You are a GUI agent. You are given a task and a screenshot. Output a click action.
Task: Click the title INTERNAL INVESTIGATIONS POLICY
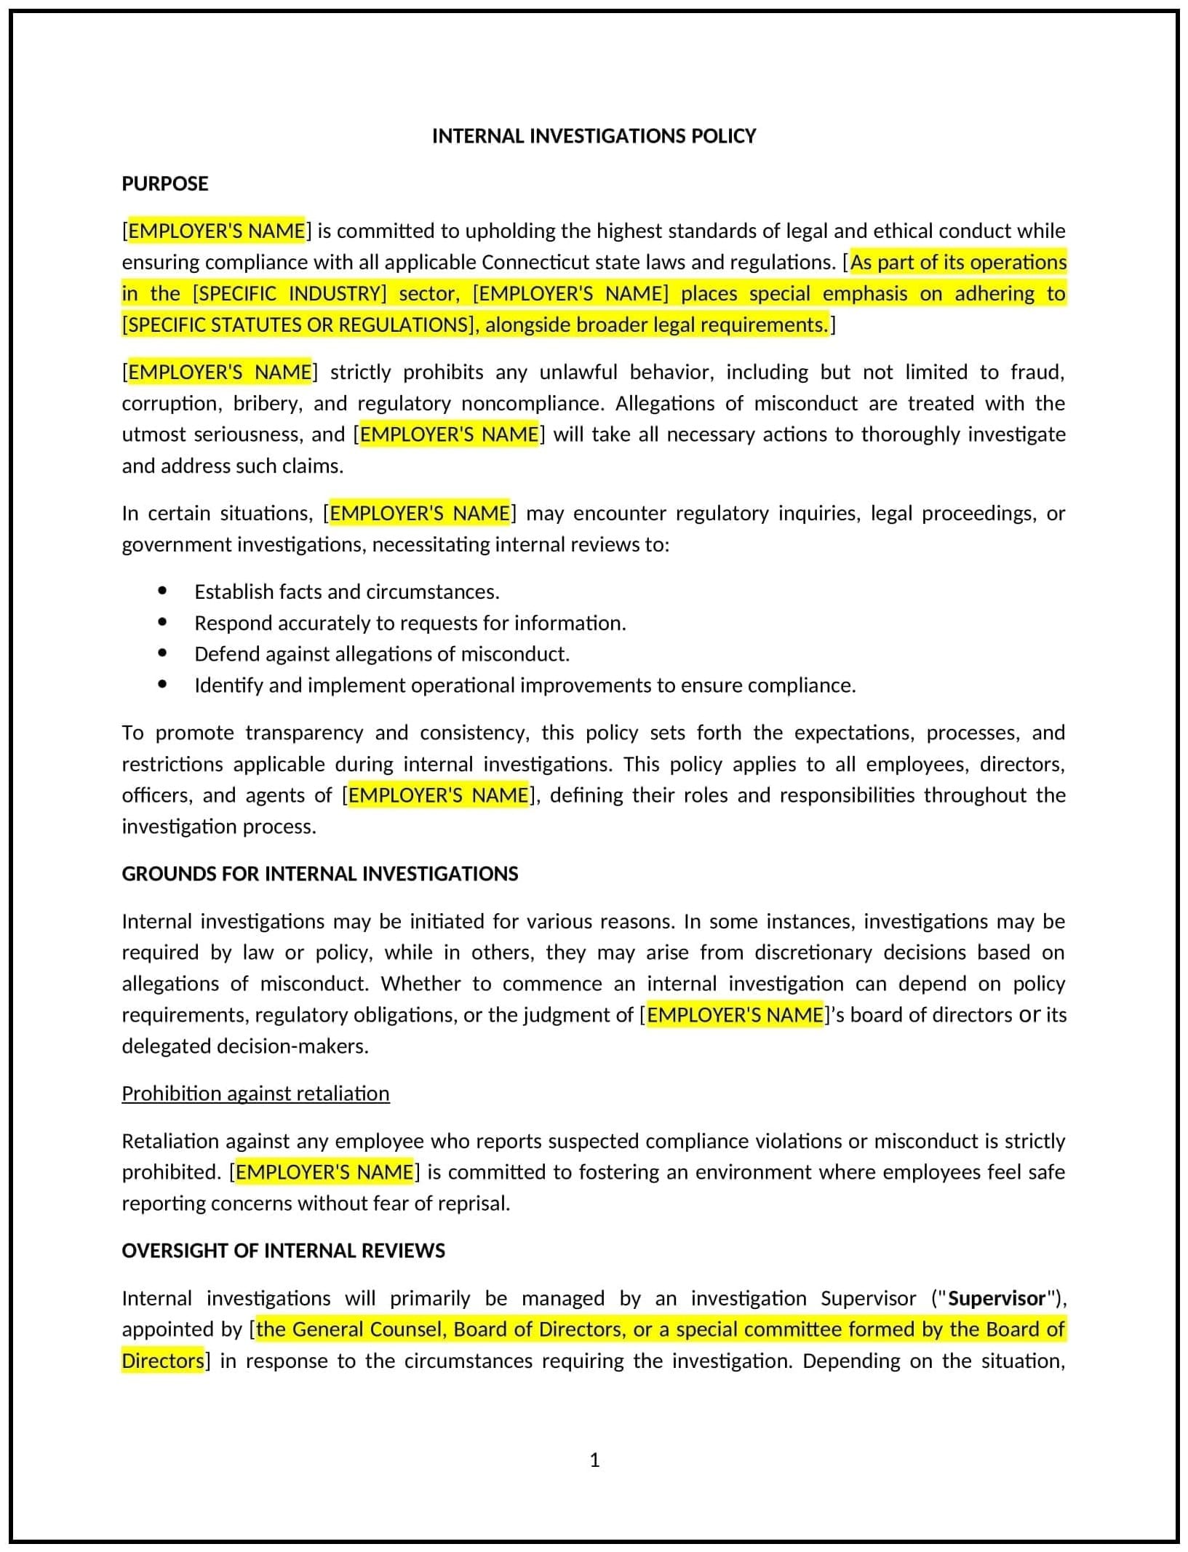click(x=594, y=136)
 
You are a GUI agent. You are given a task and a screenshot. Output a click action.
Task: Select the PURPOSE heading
click(x=165, y=183)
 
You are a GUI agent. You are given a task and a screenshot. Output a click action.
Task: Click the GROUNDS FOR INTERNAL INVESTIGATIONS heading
click(x=319, y=874)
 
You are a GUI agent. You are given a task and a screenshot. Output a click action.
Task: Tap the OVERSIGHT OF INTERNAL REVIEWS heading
click(x=283, y=1251)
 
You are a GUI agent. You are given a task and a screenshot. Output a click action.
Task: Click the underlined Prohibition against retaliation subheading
click(x=255, y=1094)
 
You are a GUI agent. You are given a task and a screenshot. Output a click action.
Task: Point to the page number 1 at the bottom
click(x=594, y=1460)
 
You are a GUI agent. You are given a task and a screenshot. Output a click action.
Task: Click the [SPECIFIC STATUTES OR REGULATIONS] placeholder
click(x=298, y=325)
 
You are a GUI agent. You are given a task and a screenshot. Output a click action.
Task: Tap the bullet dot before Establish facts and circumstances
click(x=162, y=591)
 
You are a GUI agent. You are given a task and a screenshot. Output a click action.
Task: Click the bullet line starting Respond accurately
click(x=410, y=623)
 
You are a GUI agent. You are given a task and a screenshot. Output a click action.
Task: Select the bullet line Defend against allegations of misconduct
click(x=381, y=654)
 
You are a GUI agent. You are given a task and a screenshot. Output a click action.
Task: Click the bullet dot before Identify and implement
click(x=162, y=685)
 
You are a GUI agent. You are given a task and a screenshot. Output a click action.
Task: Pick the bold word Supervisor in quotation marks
click(x=997, y=1299)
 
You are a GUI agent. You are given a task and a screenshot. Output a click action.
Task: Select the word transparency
click(x=304, y=733)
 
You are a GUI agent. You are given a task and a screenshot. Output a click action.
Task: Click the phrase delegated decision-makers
click(x=245, y=1046)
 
